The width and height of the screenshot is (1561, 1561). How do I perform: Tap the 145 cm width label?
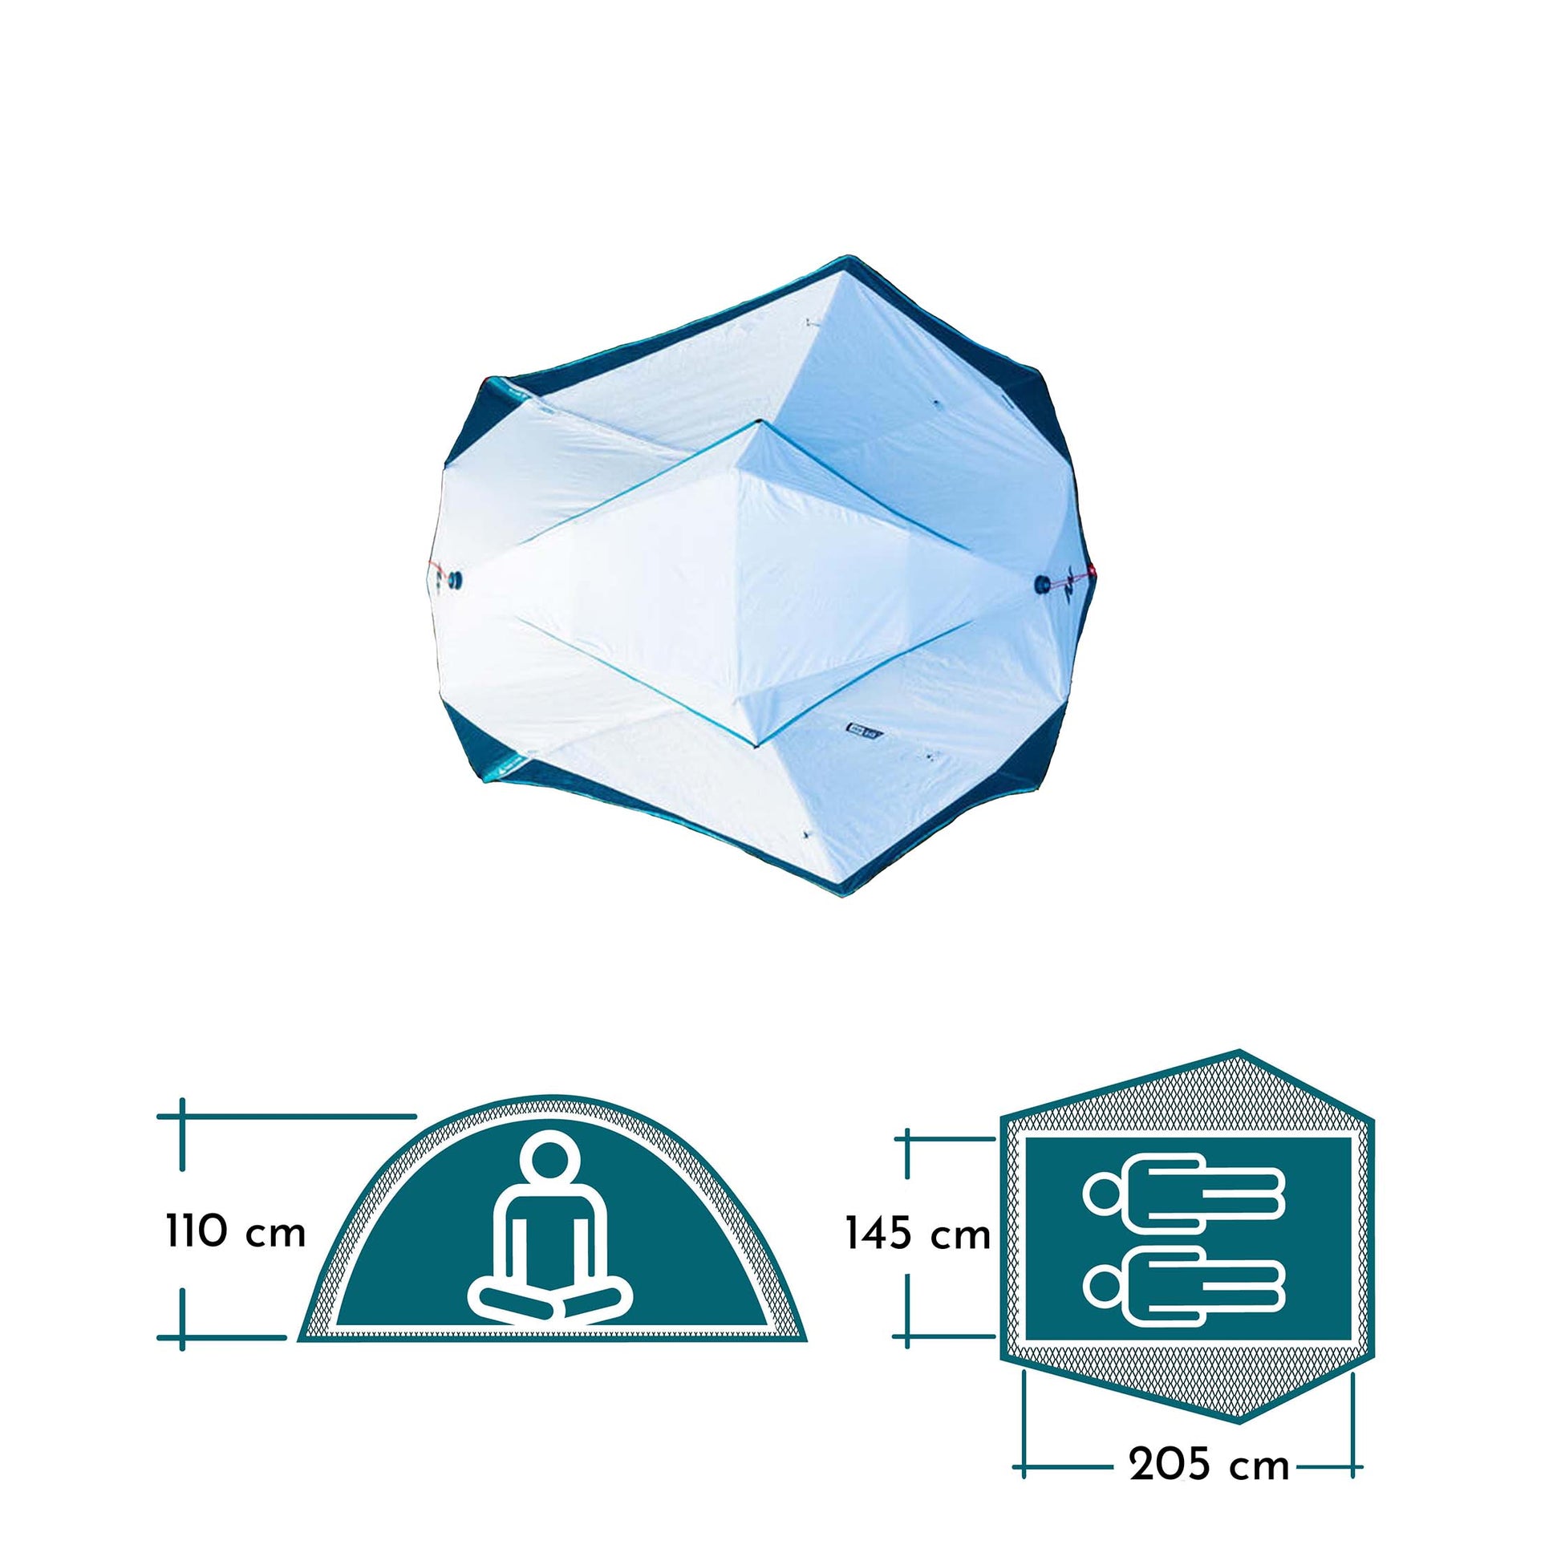click(x=918, y=1235)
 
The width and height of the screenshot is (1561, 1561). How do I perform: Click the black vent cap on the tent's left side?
click(x=456, y=579)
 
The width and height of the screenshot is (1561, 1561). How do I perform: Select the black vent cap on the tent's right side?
click(x=1044, y=583)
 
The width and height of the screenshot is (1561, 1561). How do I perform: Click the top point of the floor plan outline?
click(x=1239, y=1051)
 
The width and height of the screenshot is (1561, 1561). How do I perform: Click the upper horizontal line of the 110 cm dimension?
click(x=287, y=1117)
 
